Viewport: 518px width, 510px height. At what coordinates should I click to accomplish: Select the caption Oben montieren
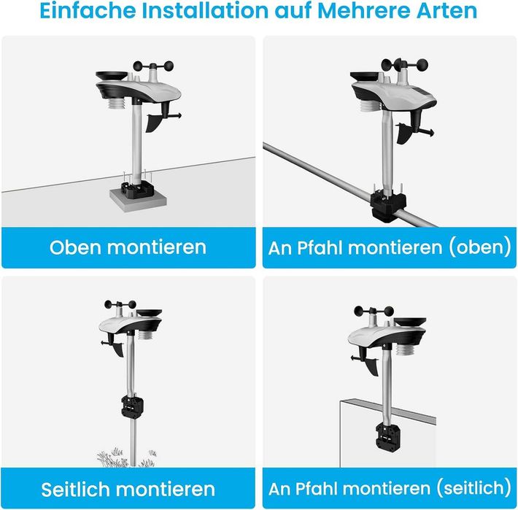128,247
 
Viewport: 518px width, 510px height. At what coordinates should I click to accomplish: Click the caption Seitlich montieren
128,489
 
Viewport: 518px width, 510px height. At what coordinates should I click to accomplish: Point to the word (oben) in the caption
479,247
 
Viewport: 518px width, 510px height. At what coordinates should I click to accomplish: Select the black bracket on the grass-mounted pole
132,406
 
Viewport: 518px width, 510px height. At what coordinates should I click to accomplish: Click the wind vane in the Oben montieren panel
161,120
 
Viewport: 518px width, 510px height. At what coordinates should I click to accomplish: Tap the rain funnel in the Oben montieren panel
112,76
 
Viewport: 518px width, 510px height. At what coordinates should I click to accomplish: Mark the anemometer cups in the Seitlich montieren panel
120,304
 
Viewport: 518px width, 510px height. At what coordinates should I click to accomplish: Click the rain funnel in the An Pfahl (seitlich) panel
409,322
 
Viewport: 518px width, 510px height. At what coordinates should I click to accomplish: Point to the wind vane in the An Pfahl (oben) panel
414,131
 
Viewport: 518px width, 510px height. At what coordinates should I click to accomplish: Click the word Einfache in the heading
88,10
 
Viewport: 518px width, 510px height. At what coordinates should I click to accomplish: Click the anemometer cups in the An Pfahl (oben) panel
404,65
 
